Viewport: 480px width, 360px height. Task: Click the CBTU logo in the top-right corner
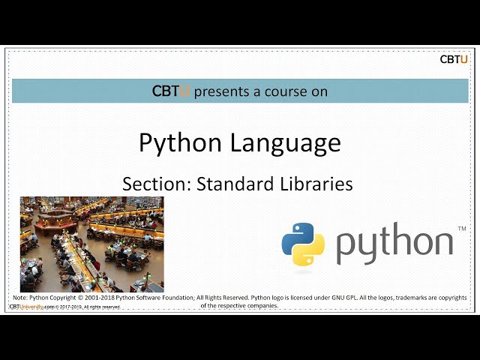454,59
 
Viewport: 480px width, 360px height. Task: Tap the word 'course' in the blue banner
287,91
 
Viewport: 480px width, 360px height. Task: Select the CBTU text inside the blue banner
171,91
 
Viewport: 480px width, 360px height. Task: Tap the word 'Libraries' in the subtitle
316,184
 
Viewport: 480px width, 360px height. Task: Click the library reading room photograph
91,244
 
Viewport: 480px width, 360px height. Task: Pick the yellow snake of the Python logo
310,253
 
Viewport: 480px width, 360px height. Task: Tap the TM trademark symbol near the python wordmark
461,228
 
